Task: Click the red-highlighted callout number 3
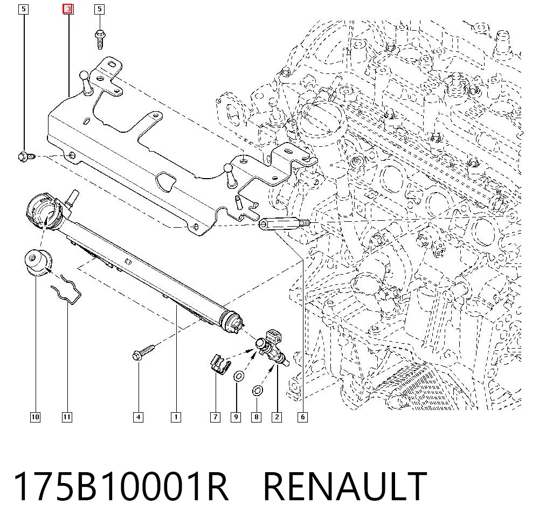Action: tap(68, 9)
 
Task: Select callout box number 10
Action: tap(35, 417)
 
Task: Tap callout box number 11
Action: tap(67, 417)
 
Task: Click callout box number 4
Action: tap(138, 417)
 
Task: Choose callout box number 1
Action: tap(176, 417)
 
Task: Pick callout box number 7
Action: tap(215, 417)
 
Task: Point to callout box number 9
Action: tap(236, 417)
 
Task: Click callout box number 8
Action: tap(257, 417)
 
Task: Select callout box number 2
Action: tap(277, 417)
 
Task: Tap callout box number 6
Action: tap(302, 417)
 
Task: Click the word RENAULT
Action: tap(345, 486)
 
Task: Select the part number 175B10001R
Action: tap(121, 486)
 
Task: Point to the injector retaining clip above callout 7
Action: tap(220, 364)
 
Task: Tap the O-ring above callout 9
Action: tap(239, 376)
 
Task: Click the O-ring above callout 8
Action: tap(258, 391)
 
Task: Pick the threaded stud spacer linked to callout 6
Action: tap(285, 224)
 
